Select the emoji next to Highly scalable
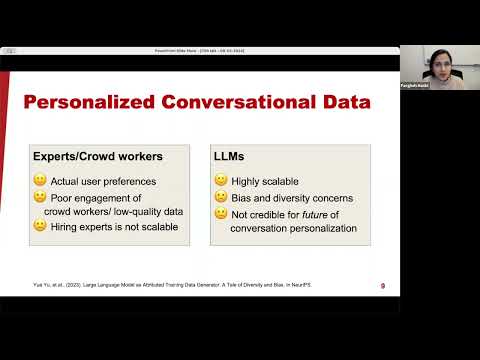pos(221,181)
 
